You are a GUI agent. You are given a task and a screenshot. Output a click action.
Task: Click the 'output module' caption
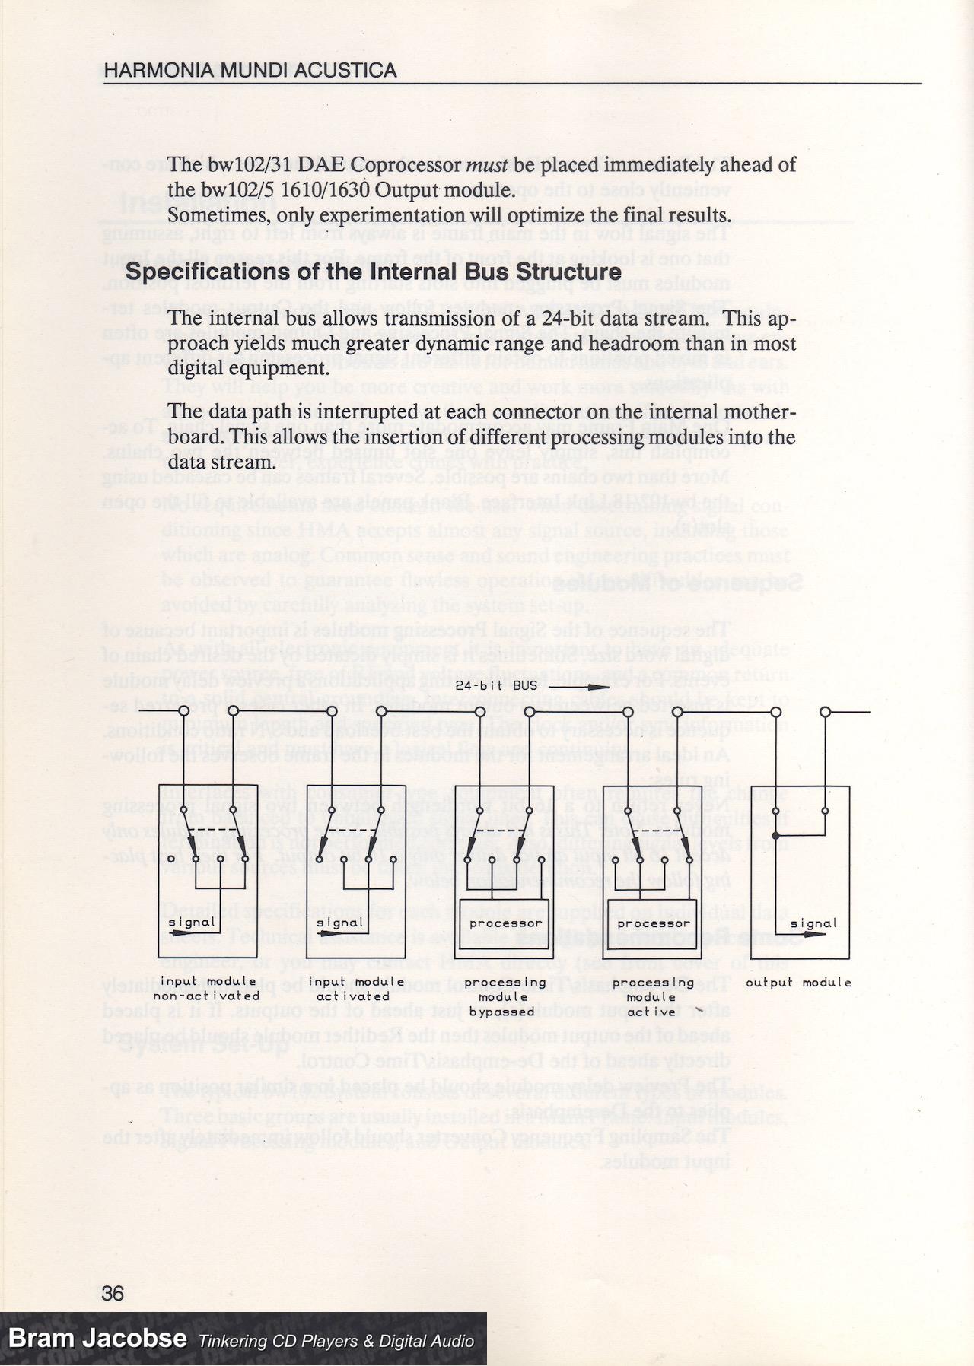click(798, 983)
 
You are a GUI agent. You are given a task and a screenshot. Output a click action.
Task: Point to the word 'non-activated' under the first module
click(206, 996)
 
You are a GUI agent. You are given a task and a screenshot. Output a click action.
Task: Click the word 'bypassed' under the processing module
click(501, 1012)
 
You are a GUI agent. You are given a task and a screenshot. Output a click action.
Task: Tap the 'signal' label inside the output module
click(813, 924)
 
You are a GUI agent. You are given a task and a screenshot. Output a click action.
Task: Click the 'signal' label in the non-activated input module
click(192, 923)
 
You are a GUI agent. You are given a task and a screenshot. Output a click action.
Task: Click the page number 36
click(113, 1294)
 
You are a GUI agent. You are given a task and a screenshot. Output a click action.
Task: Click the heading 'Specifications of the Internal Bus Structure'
click(373, 272)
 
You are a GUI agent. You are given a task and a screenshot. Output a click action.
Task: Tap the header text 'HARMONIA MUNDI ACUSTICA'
click(250, 71)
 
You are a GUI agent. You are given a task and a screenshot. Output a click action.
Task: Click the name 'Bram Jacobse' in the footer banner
click(97, 1339)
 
